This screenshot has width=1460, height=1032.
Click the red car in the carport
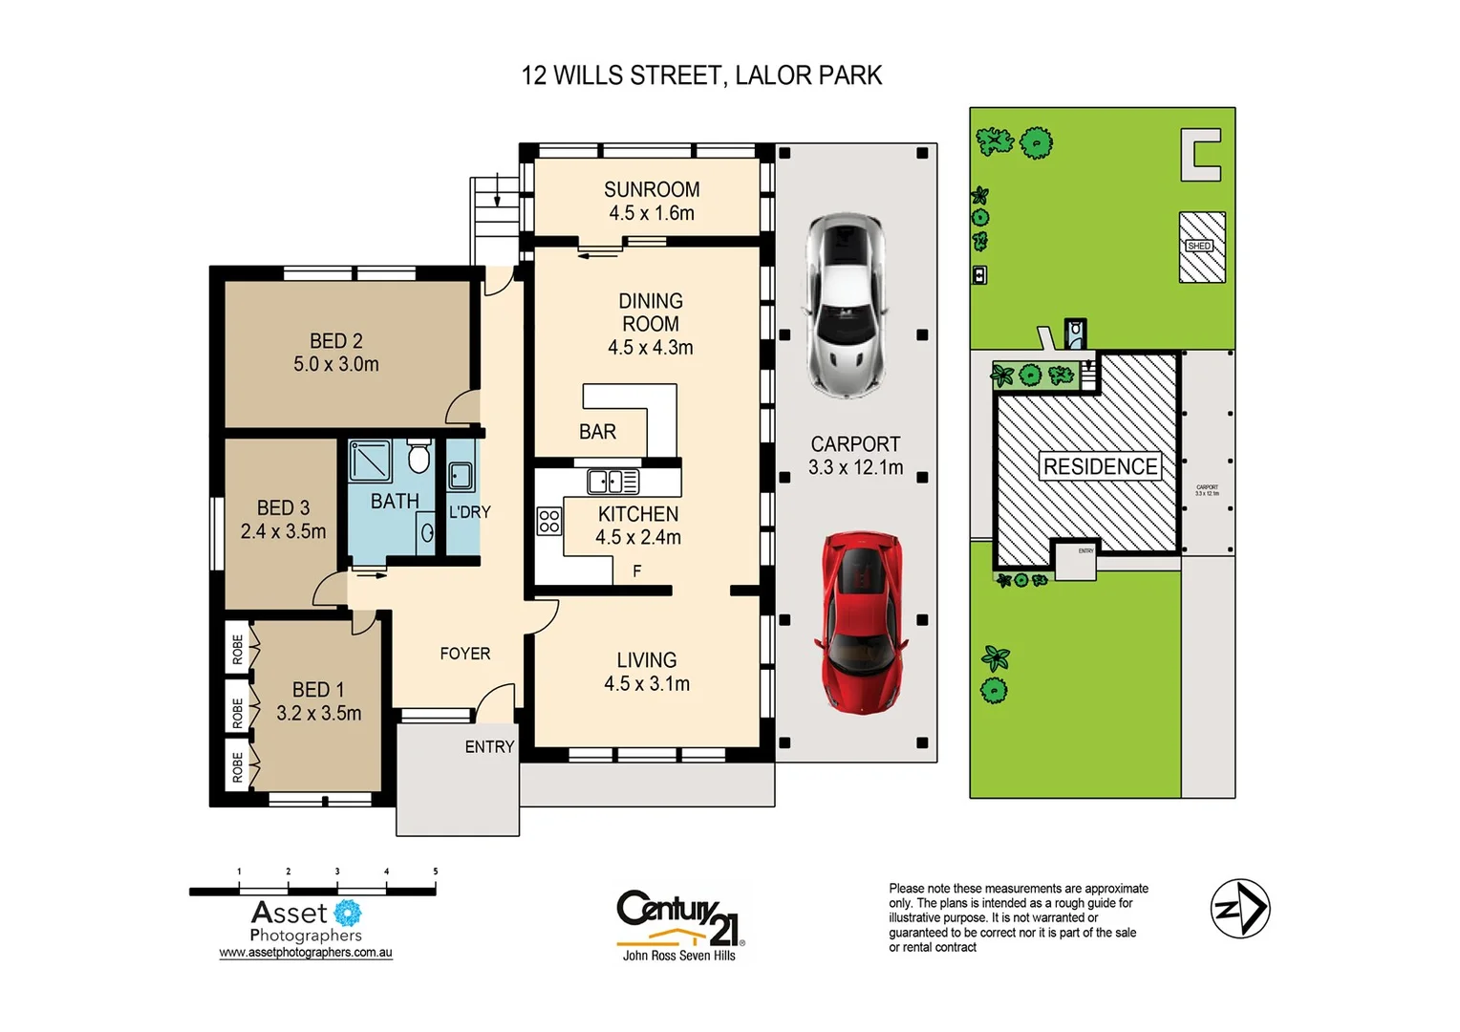coord(861,622)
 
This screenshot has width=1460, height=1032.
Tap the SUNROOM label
coord(652,190)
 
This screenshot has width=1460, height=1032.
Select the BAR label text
coord(597,432)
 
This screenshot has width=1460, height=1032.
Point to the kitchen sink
coord(612,481)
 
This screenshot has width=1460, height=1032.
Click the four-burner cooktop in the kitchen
coord(548,521)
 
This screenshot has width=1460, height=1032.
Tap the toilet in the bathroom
coord(419,457)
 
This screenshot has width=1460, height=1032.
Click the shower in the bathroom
coord(370,461)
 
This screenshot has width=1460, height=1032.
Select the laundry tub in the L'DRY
coord(461,476)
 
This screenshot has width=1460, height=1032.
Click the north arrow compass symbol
coord(1239,909)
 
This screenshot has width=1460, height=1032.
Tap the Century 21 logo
coord(679,921)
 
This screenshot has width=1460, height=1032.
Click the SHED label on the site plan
coord(1199,247)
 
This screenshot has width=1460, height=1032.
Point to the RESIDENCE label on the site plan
coord(1100,466)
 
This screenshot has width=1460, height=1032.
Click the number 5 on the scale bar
coord(436,871)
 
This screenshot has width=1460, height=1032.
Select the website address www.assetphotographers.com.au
coord(306,953)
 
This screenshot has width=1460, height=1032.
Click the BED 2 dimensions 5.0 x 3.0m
coord(336,364)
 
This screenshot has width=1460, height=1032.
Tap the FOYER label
coord(464,654)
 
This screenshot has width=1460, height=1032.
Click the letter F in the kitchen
coord(637,571)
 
